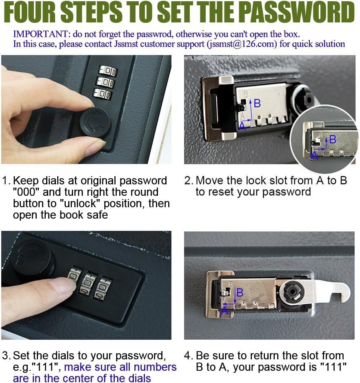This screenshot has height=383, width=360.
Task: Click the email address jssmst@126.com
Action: pos(243,44)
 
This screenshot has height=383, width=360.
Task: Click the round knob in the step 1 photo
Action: pos(95,122)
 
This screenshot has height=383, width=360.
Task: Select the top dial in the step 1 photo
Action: pos(107,71)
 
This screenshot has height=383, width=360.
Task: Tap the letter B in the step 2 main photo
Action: pos(257,104)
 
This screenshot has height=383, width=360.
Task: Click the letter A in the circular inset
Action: pos(314,155)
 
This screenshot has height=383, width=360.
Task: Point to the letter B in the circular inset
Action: pos(333,139)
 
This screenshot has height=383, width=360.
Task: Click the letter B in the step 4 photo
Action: pos(240,292)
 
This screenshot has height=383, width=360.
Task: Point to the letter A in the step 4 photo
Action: pos(224,311)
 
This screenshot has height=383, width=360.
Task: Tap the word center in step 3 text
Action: pos(103,378)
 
